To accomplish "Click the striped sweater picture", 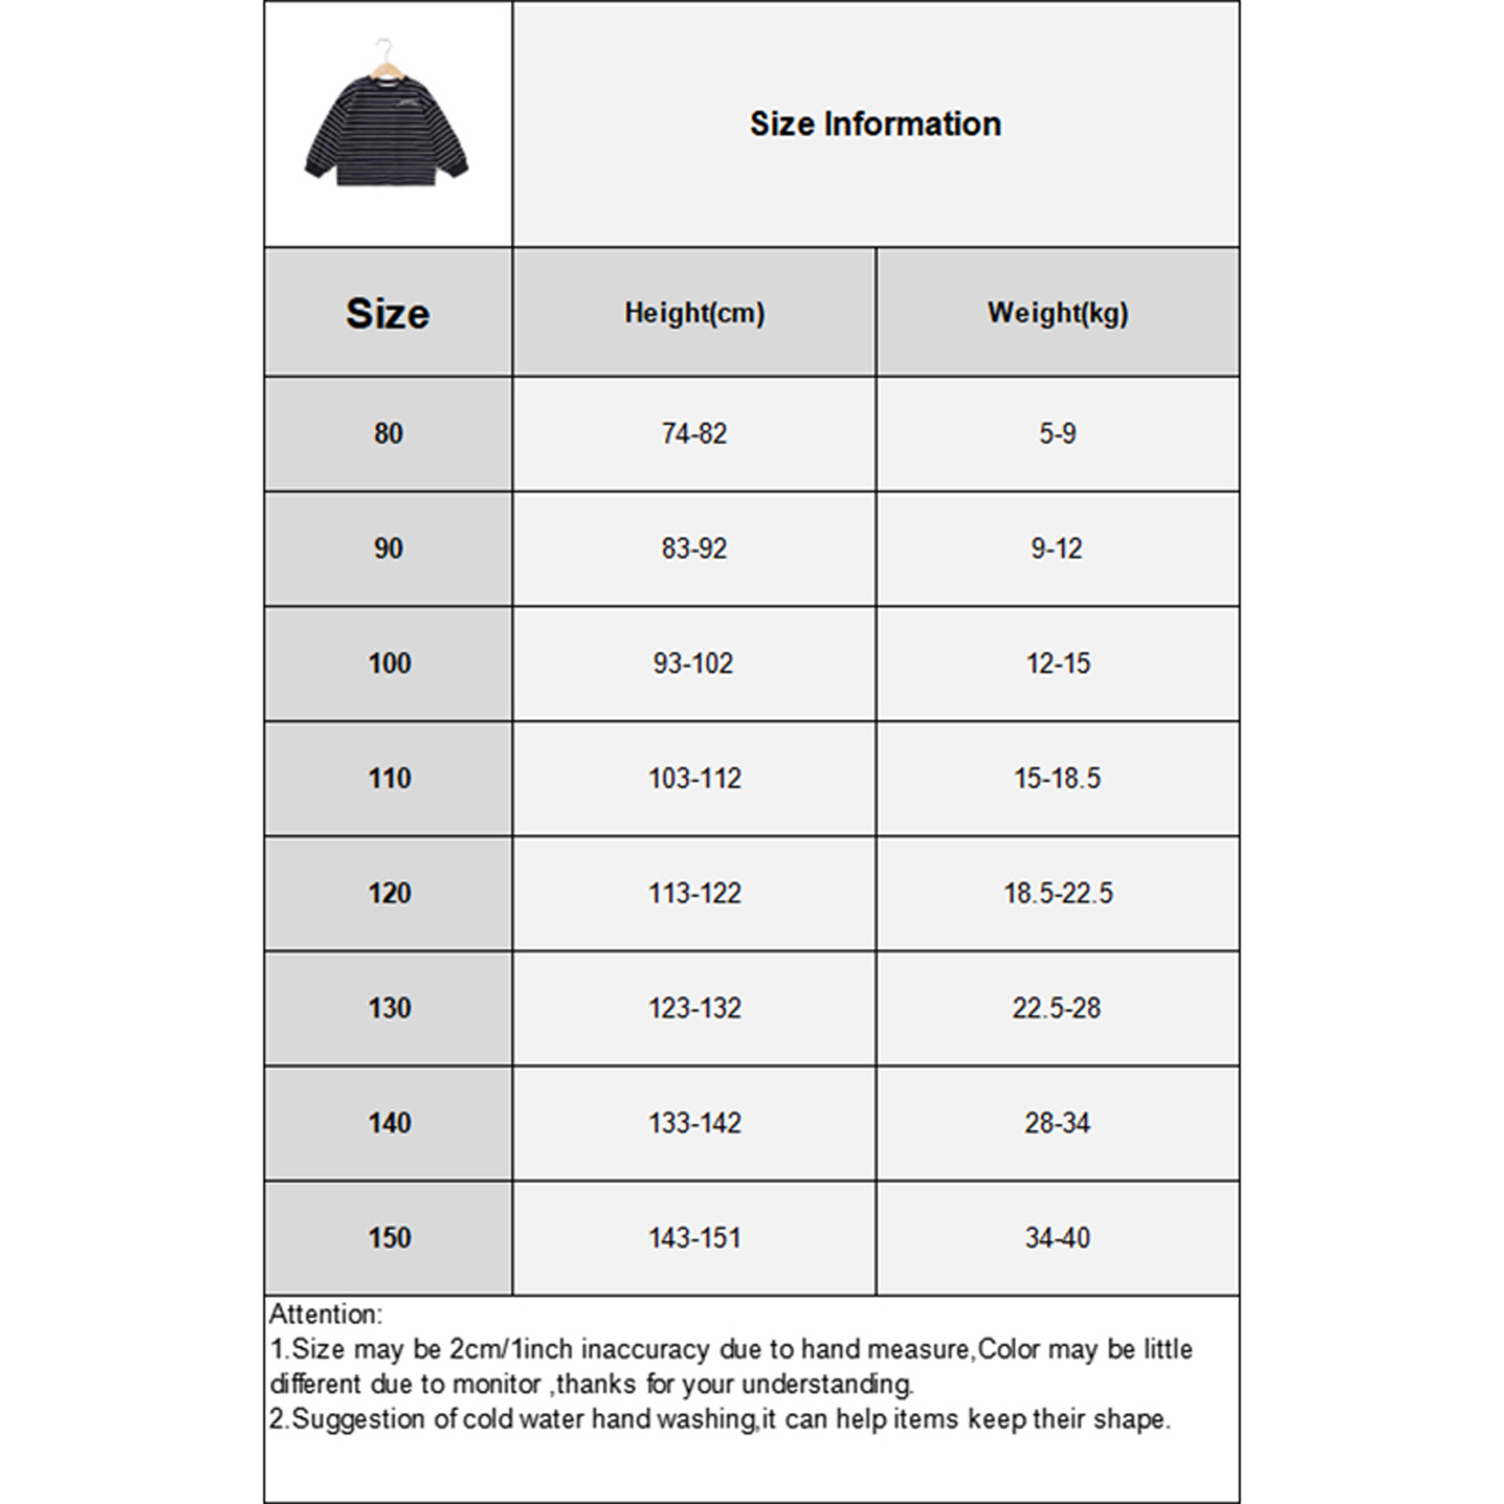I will coord(386,132).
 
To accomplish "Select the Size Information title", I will coord(875,124).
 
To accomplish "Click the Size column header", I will coord(387,313).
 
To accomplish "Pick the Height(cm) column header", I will coord(695,313).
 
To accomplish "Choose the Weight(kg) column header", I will coord(1057,313).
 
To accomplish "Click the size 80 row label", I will coord(388,433).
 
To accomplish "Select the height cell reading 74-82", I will coord(695,433).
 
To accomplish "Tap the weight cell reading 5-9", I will coord(1057,433).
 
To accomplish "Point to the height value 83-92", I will coord(695,548).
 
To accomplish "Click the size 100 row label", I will coord(389,664).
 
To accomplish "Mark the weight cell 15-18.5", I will coord(1057,778).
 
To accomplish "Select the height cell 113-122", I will coord(695,893).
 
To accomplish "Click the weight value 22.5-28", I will coord(1057,1008).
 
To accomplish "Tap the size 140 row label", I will coord(389,1122).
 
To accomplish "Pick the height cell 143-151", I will coord(695,1237).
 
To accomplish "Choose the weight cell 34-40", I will coord(1057,1237).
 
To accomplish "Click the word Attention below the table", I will coord(325,1314).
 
